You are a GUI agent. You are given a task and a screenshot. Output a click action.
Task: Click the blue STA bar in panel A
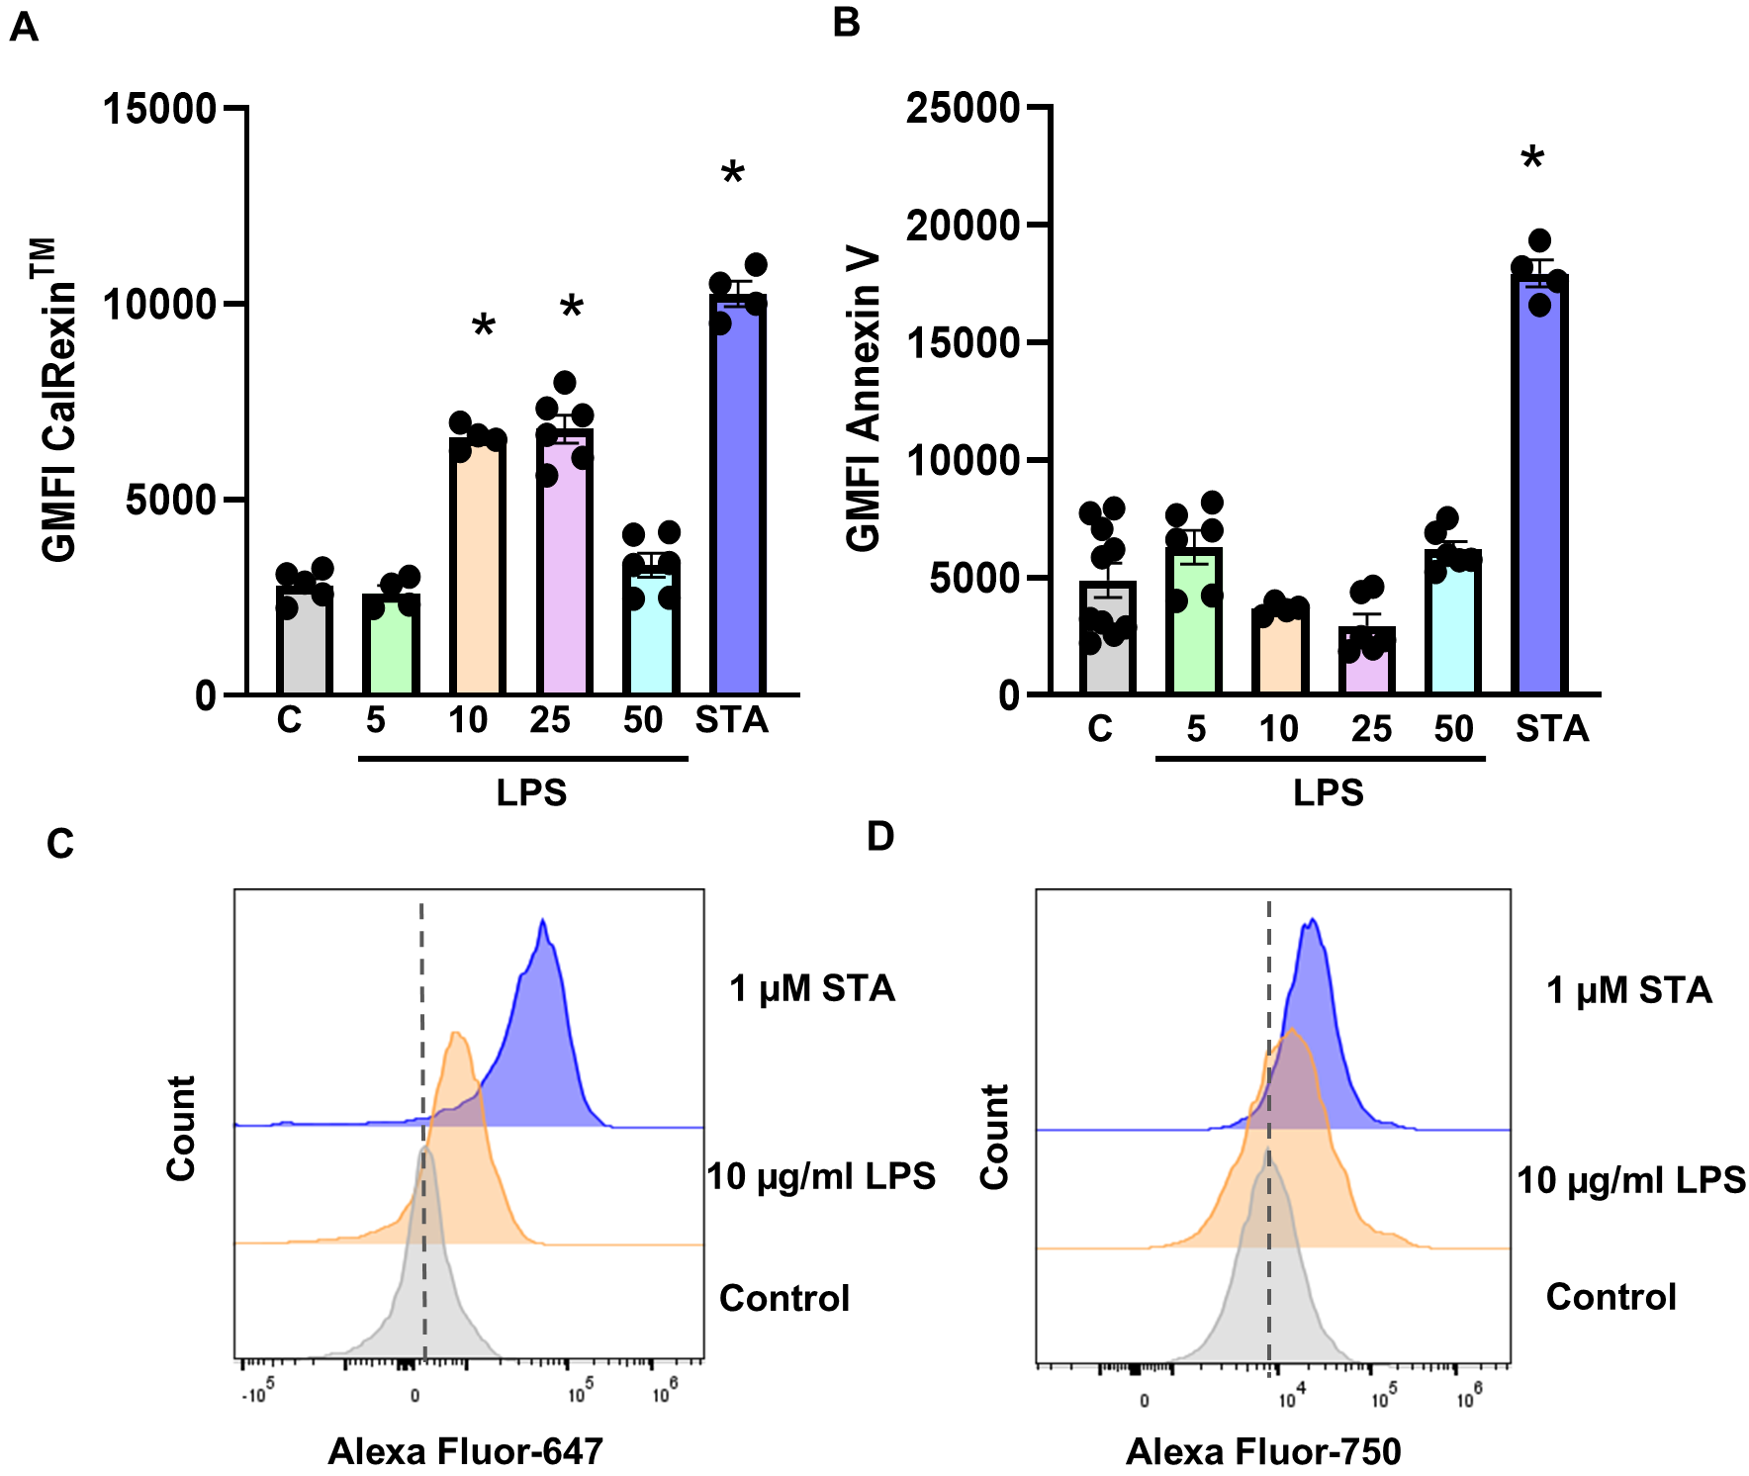point(738,495)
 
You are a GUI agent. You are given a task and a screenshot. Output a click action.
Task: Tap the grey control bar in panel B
point(1107,643)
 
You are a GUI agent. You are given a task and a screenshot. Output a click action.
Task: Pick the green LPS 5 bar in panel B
point(1194,623)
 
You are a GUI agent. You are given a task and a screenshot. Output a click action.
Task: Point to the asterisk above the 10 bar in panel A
point(483,327)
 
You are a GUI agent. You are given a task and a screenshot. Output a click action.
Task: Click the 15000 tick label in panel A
point(159,108)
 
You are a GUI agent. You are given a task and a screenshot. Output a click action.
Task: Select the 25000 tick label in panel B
point(963,108)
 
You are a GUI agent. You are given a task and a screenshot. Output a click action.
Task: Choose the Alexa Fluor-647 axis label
point(465,1451)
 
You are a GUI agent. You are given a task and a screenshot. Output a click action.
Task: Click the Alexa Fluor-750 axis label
point(1263,1451)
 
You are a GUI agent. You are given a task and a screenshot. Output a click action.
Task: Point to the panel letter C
point(60,844)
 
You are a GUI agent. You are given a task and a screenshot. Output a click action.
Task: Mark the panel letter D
point(879,837)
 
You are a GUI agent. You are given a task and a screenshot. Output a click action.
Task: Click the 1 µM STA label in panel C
point(812,988)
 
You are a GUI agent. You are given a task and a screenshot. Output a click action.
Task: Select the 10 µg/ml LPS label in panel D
point(1631,1179)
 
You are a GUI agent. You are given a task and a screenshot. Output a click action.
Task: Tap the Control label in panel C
point(784,1298)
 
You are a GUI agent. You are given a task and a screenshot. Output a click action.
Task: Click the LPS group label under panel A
point(531,792)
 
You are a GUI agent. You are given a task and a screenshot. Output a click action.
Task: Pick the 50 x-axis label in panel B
point(1453,729)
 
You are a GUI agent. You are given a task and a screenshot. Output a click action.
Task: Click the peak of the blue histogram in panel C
point(543,922)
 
